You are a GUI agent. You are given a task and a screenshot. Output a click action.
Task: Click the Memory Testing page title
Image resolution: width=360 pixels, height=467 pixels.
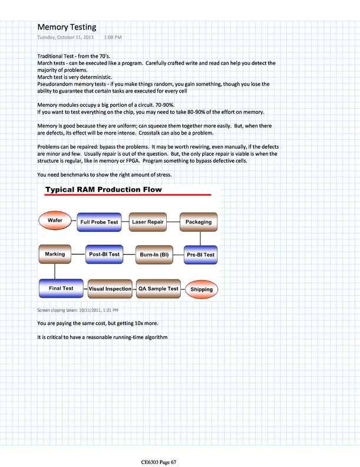click(x=67, y=27)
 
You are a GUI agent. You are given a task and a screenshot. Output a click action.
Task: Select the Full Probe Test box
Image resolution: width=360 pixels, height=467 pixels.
click(x=99, y=222)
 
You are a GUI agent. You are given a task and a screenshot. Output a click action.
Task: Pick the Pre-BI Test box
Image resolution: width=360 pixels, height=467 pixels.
click(x=200, y=255)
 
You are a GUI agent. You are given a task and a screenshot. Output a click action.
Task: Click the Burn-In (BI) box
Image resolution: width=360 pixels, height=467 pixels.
click(x=155, y=255)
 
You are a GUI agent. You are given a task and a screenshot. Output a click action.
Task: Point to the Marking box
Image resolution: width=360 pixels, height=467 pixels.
click(x=55, y=254)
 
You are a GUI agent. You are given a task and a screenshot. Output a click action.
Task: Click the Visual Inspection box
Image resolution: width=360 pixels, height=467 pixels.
click(x=110, y=289)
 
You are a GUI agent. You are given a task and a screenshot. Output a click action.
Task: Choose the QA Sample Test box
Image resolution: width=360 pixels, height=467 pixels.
click(x=158, y=289)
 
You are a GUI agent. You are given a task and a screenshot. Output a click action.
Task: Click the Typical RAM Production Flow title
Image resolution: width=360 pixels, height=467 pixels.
click(x=105, y=190)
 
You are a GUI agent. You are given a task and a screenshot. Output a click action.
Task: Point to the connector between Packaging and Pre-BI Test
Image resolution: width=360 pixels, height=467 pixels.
click(x=200, y=238)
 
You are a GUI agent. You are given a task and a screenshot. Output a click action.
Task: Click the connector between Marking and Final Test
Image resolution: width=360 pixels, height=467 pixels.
click(x=54, y=271)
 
